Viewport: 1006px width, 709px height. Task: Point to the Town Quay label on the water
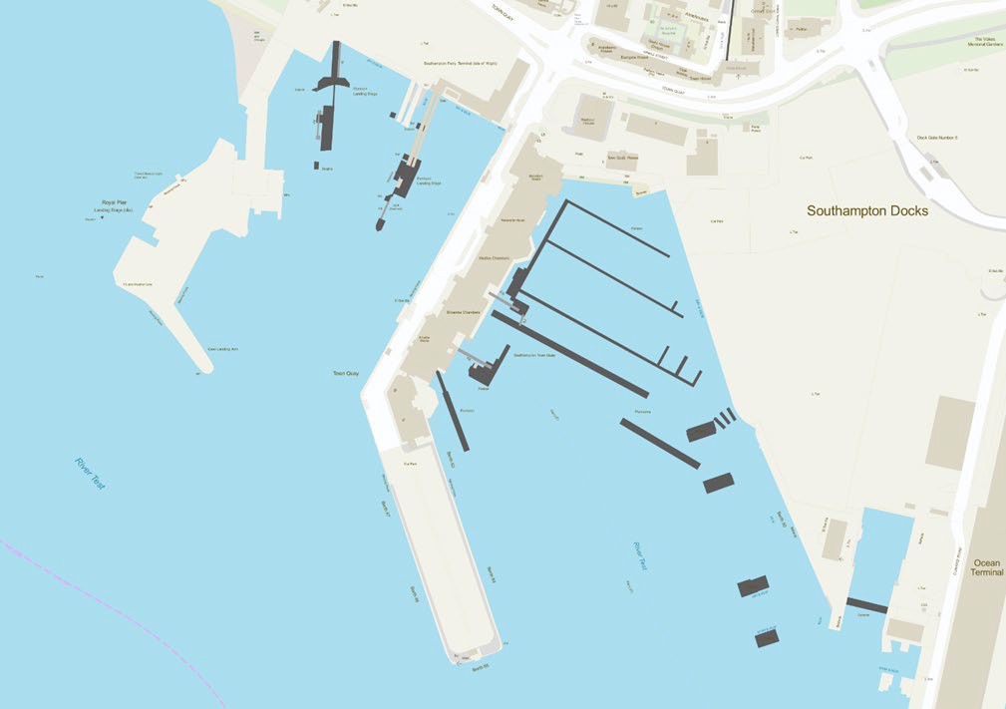click(x=345, y=374)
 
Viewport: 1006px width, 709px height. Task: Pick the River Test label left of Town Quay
click(x=90, y=473)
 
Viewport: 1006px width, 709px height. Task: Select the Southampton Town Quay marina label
click(x=533, y=354)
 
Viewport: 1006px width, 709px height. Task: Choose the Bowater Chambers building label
click(x=463, y=312)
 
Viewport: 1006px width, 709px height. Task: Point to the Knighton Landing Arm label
click(x=224, y=349)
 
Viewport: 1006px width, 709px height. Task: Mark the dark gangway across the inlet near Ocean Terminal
click(x=865, y=605)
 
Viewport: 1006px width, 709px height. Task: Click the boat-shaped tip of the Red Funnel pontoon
click(x=380, y=225)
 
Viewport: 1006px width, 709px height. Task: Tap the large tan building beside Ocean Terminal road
click(x=948, y=432)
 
